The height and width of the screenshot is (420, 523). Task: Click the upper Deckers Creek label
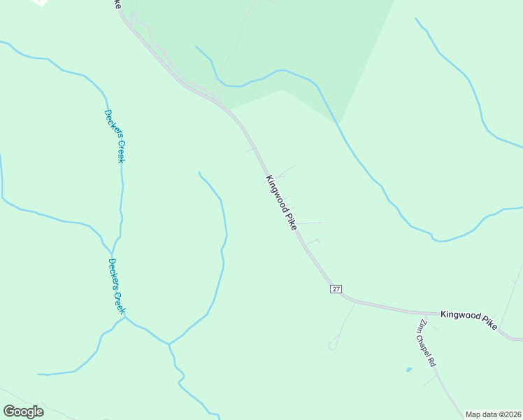pyautogui.click(x=115, y=136)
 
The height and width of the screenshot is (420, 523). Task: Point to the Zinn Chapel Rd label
pyautogui.click(x=427, y=344)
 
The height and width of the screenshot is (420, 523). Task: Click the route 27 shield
pyautogui.click(x=336, y=289)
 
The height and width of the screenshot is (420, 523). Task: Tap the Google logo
pyautogui.click(x=23, y=412)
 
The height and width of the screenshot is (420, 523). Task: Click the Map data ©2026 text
pyautogui.click(x=494, y=414)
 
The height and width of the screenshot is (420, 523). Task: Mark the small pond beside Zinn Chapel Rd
pyautogui.click(x=408, y=369)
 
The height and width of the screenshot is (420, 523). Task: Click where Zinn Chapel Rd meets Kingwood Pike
pyautogui.click(x=413, y=313)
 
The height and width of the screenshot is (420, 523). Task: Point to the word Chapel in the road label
pyautogui.click(x=427, y=344)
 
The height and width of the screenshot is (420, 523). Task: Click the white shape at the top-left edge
pyautogui.click(x=40, y=2)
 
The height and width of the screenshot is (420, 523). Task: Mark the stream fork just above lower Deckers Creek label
pyautogui.click(x=111, y=248)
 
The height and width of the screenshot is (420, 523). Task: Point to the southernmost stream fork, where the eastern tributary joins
pyautogui.click(x=169, y=344)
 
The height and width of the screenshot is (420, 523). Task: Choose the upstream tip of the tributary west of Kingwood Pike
pyautogui.click(x=199, y=172)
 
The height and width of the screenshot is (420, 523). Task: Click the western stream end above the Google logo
pyautogui.click(x=38, y=374)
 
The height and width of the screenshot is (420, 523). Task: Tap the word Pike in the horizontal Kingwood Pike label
pyautogui.click(x=488, y=317)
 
